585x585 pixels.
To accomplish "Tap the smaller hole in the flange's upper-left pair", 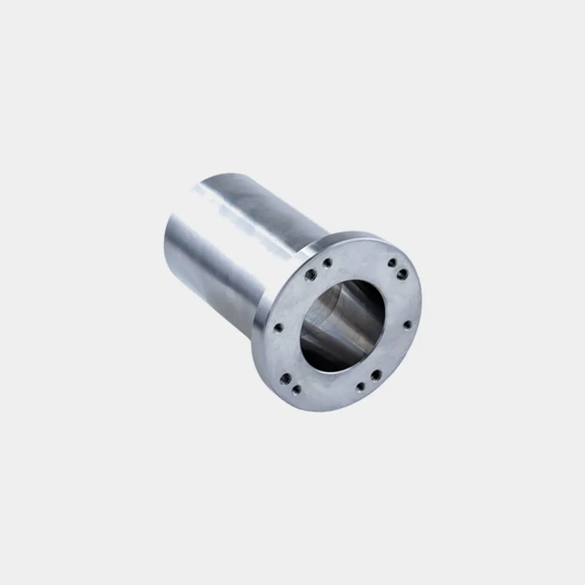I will point(327,262).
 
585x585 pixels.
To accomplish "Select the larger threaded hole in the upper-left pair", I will point(311,274).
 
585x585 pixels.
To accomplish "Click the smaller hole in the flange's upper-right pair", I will point(392,263).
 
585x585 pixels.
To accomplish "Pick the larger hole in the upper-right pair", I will point(402,274).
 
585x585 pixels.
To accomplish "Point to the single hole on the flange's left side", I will point(278,327).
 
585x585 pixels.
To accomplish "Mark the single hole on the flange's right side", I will point(407,324).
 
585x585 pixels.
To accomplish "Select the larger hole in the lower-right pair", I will point(376,375).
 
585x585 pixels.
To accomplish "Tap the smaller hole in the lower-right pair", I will point(360,387).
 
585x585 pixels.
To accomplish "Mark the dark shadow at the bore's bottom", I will point(328,357).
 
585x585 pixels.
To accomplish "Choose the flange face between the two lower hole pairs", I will point(331,392).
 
